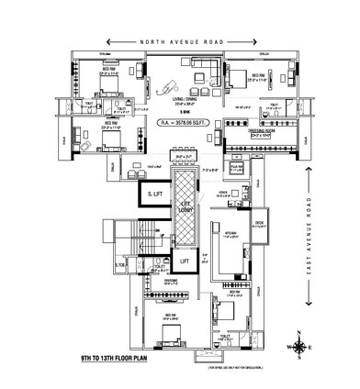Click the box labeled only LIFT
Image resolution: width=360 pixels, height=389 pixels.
pos(184,261)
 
